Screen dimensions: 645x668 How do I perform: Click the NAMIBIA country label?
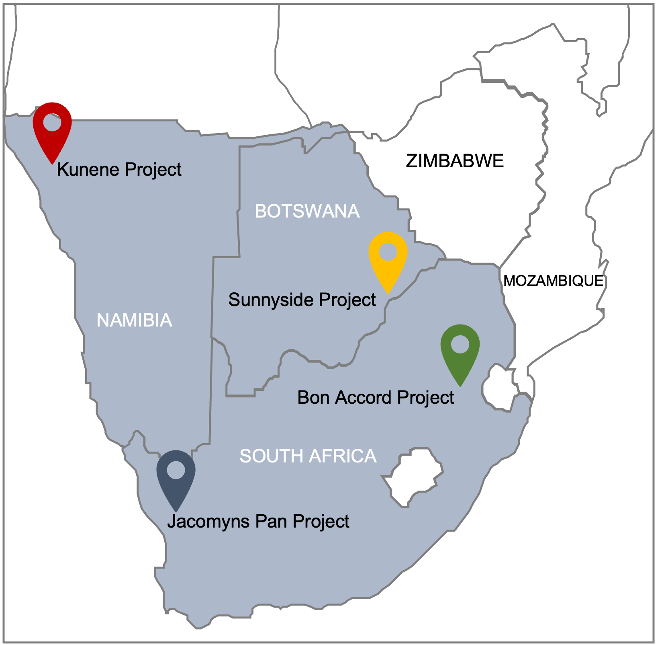134,320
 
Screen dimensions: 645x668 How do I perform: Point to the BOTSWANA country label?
307,212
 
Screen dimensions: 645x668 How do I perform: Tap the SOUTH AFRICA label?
308,456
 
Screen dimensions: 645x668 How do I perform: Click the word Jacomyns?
208,522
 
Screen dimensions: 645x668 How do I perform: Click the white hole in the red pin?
52,122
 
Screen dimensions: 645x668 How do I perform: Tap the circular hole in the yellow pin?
388,252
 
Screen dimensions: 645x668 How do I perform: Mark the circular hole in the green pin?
460,345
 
